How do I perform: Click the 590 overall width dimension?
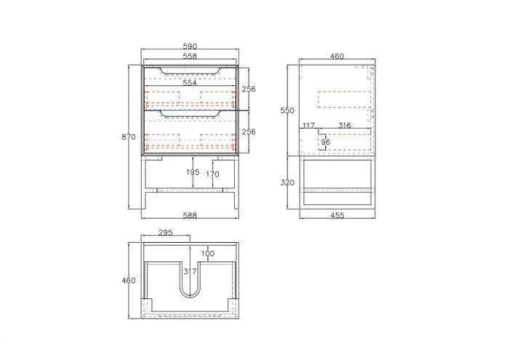coord(190,47)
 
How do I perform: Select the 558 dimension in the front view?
coord(190,56)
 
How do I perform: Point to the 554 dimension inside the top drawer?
coord(190,84)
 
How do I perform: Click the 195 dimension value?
coord(193,173)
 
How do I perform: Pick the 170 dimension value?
coord(213,175)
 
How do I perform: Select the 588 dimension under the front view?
coord(190,215)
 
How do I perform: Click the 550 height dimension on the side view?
coord(288,111)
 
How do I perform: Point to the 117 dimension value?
coord(308,126)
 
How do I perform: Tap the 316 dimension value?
coord(345,126)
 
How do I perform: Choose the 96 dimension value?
coord(325,142)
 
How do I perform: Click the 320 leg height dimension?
coord(288,183)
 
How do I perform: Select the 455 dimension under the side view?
coord(336,215)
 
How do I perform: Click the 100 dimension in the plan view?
coord(209,253)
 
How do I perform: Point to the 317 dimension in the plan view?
coord(191,271)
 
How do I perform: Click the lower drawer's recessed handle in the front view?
coord(190,114)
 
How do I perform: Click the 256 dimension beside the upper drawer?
coord(249,89)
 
